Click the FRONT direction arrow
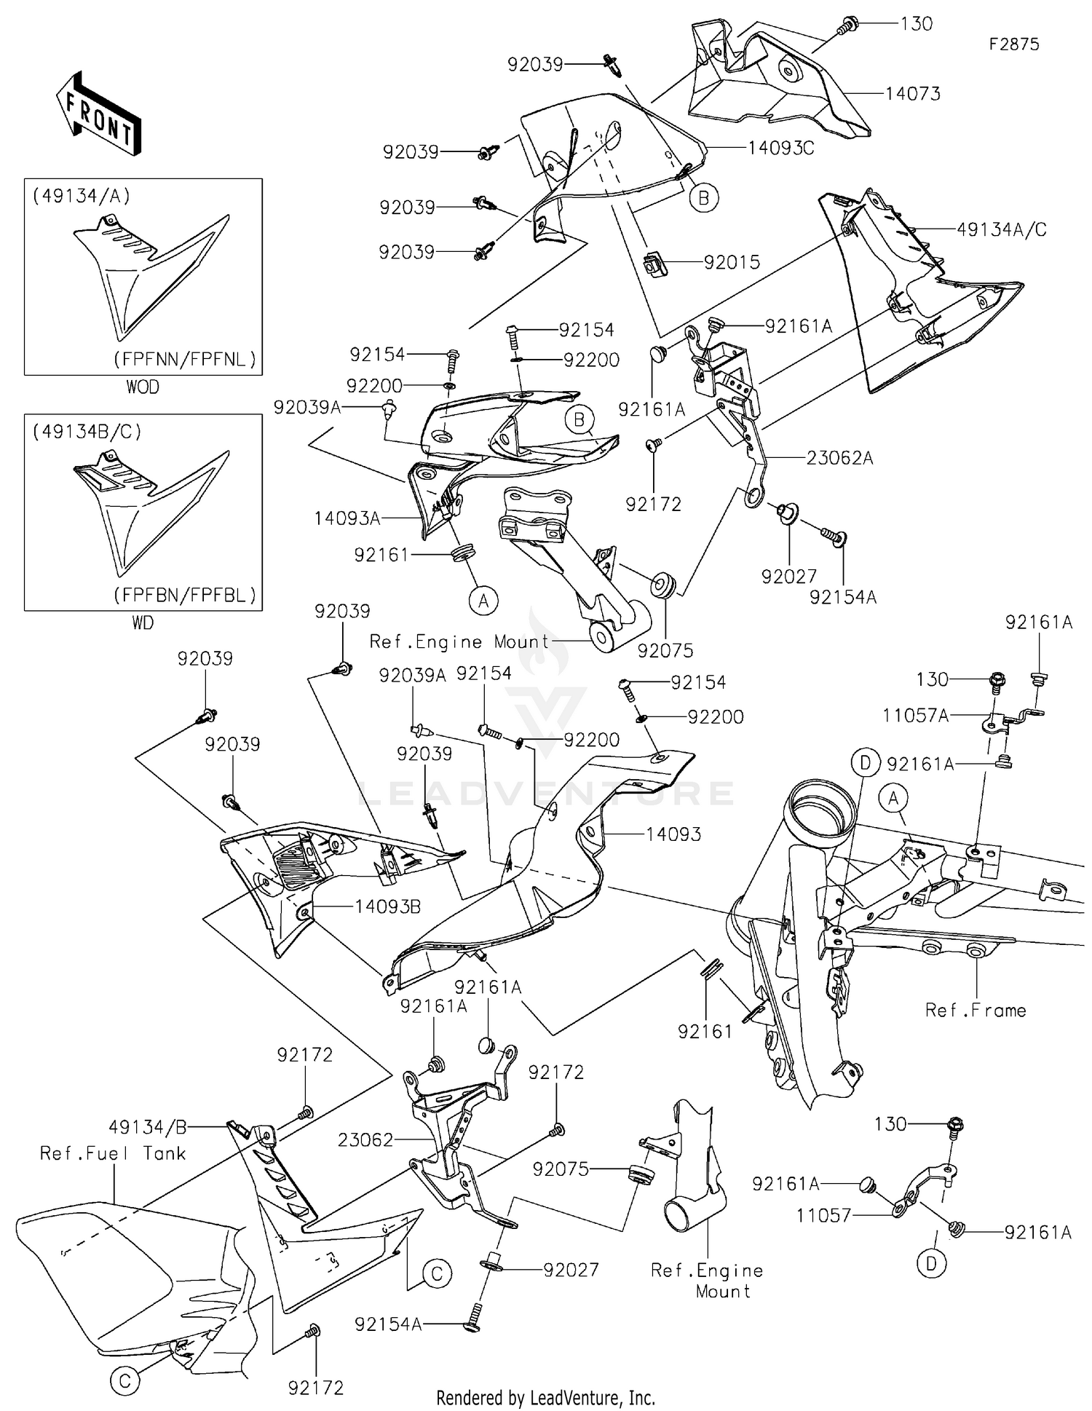99,114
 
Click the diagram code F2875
1014,44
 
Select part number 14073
913,93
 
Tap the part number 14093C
781,148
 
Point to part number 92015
732,262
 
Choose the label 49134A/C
1002,229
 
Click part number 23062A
839,458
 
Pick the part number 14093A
347,518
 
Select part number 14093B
388,906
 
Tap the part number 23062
365,1140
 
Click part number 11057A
916,716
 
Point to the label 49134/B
148,1127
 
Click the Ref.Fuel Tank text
113,1153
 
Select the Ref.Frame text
976,1010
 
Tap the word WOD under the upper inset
143,387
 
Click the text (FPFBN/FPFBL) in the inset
185,595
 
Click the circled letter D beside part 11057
931,1265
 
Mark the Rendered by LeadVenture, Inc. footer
545,1398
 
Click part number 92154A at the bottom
388,1324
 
